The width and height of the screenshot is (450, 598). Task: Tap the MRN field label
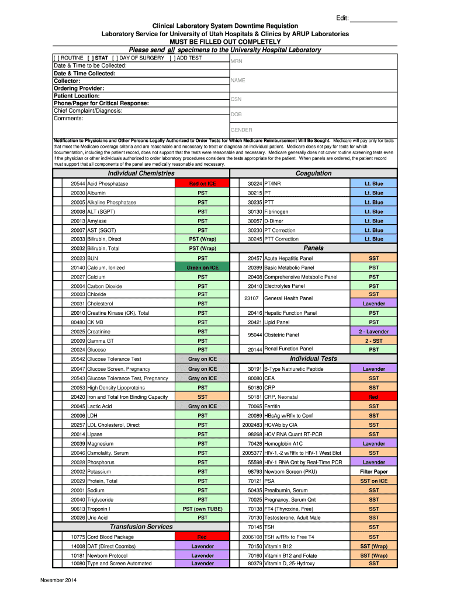pos(237,61)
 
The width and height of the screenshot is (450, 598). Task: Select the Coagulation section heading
pos(313,173)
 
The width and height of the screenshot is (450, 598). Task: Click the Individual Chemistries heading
pos(141,173)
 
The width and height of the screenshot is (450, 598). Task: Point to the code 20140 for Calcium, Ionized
pos(78,267)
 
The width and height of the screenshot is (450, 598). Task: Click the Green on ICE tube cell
pos(202,267)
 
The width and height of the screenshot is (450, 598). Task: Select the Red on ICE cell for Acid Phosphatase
pos(202,184)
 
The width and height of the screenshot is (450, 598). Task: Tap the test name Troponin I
pos(99,509)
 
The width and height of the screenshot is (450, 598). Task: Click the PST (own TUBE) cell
pos(202,509)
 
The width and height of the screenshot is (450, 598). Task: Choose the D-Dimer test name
pos(274,221)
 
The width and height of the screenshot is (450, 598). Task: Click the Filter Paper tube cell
pos(373,471)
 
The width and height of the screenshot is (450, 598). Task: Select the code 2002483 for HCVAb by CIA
pos(252,425)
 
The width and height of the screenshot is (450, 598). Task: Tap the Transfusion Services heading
pos(141,527)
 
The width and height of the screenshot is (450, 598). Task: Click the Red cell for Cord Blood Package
pos(202,537)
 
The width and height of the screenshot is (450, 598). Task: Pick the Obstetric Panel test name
pos(282,335)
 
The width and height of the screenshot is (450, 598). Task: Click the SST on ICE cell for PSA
pos(373,481)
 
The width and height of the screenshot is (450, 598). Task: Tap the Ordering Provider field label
pos(77,88)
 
